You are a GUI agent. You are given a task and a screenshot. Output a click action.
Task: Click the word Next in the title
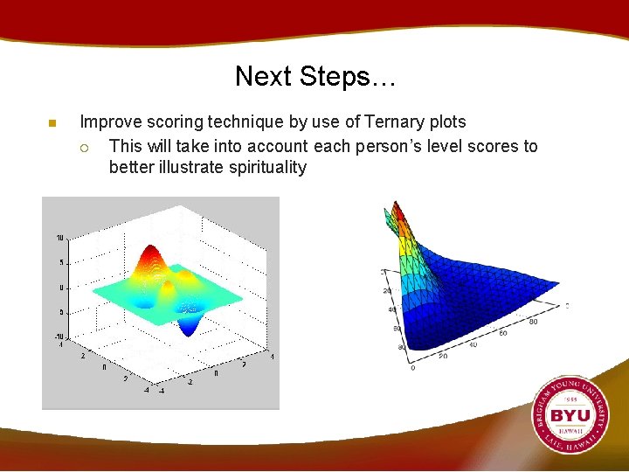click(x=263, y=77)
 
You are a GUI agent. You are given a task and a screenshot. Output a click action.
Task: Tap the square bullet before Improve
click(x=52, y=122)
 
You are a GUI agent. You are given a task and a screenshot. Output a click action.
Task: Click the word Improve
click(x=110, y=122)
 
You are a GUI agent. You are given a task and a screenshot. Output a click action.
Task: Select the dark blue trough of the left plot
click(x=188, y=328)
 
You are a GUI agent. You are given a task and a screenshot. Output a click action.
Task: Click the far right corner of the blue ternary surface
click(x=556, y=282)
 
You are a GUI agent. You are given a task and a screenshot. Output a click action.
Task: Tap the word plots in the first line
click(x=446, y=122)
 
